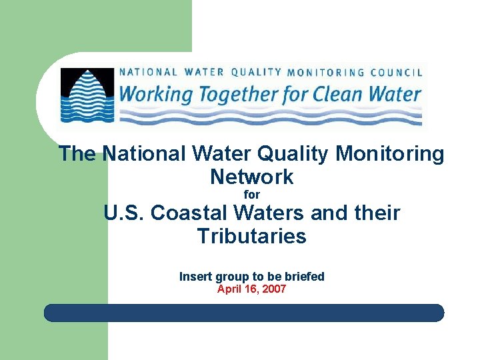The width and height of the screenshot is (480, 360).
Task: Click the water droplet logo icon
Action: click(87, 95)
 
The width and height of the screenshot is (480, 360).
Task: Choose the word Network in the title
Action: click(251, 177)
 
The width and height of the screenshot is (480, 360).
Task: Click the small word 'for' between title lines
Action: click(251, 195)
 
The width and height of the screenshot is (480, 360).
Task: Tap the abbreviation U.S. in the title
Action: click(124, 213)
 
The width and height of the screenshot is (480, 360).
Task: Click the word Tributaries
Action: click(251, 236)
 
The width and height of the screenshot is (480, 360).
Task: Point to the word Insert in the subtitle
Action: click(196, 277)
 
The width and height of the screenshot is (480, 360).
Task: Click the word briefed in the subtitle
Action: click(303, 277)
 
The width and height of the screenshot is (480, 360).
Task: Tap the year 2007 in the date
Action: click(273, 289)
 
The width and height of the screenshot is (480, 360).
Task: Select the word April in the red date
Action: click(229, 289)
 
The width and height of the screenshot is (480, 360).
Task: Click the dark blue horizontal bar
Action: click(244, 313)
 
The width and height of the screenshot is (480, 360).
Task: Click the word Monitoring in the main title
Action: click(390, 154)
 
